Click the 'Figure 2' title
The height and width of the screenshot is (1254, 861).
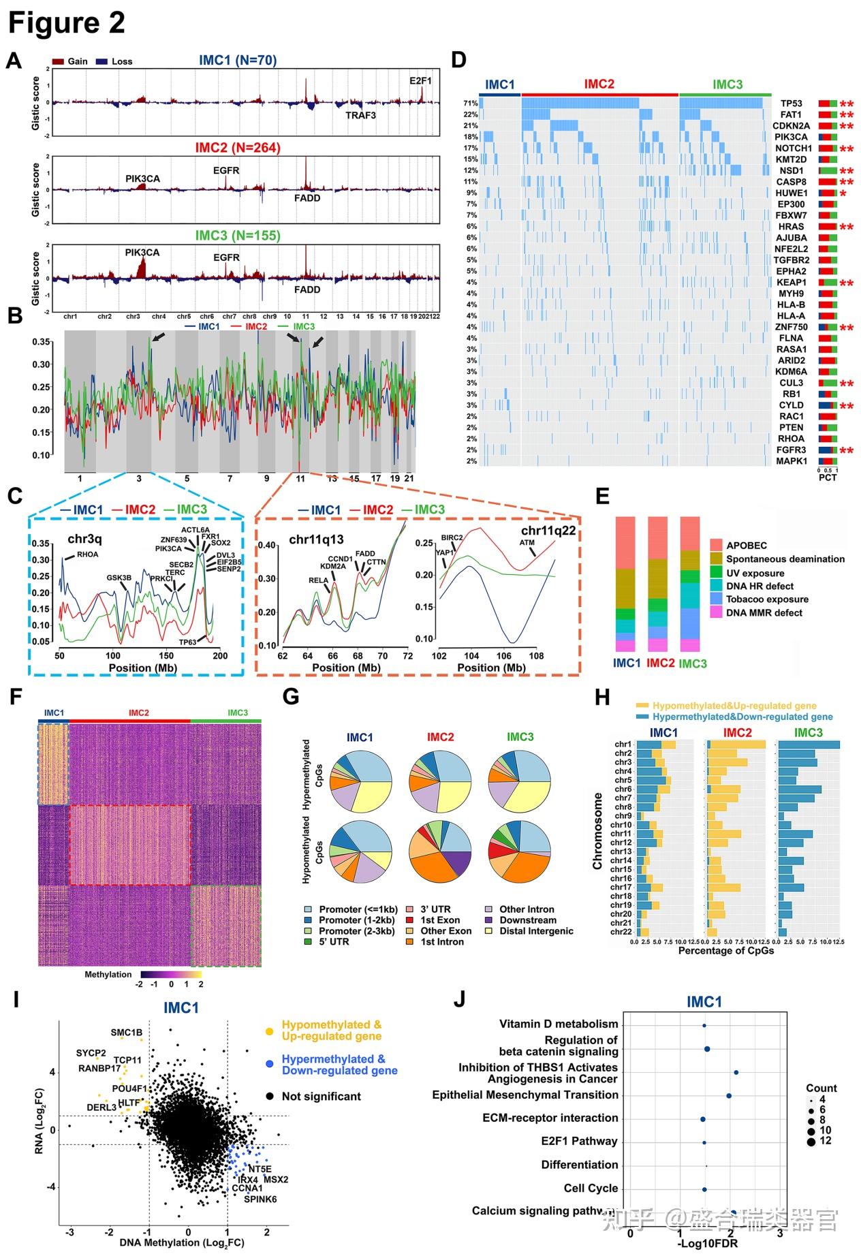66,23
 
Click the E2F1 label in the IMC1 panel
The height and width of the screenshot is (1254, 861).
420,81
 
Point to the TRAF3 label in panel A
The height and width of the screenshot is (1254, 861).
360,116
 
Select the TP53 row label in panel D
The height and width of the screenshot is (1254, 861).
791,104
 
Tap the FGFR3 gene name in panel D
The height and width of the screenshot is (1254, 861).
791,450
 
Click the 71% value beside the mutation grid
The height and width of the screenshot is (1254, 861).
471,104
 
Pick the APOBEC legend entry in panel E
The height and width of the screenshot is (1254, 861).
746,546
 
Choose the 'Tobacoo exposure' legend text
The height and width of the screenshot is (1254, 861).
767,599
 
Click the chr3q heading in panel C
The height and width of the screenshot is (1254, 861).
84,539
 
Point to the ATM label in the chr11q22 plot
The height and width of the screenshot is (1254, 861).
527,543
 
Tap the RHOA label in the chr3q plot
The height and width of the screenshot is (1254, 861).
87,554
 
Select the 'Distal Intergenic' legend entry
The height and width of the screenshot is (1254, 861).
536,931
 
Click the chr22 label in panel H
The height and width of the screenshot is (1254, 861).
621,932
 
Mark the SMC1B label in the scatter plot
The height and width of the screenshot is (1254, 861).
127,1033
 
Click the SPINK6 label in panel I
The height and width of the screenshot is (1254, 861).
260,1199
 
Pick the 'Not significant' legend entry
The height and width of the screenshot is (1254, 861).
321,1096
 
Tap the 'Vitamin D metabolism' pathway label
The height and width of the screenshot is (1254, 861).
559,1024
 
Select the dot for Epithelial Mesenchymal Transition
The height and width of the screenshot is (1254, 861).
729,1095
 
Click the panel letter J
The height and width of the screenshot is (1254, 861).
460,999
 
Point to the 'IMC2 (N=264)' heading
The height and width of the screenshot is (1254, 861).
238,148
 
